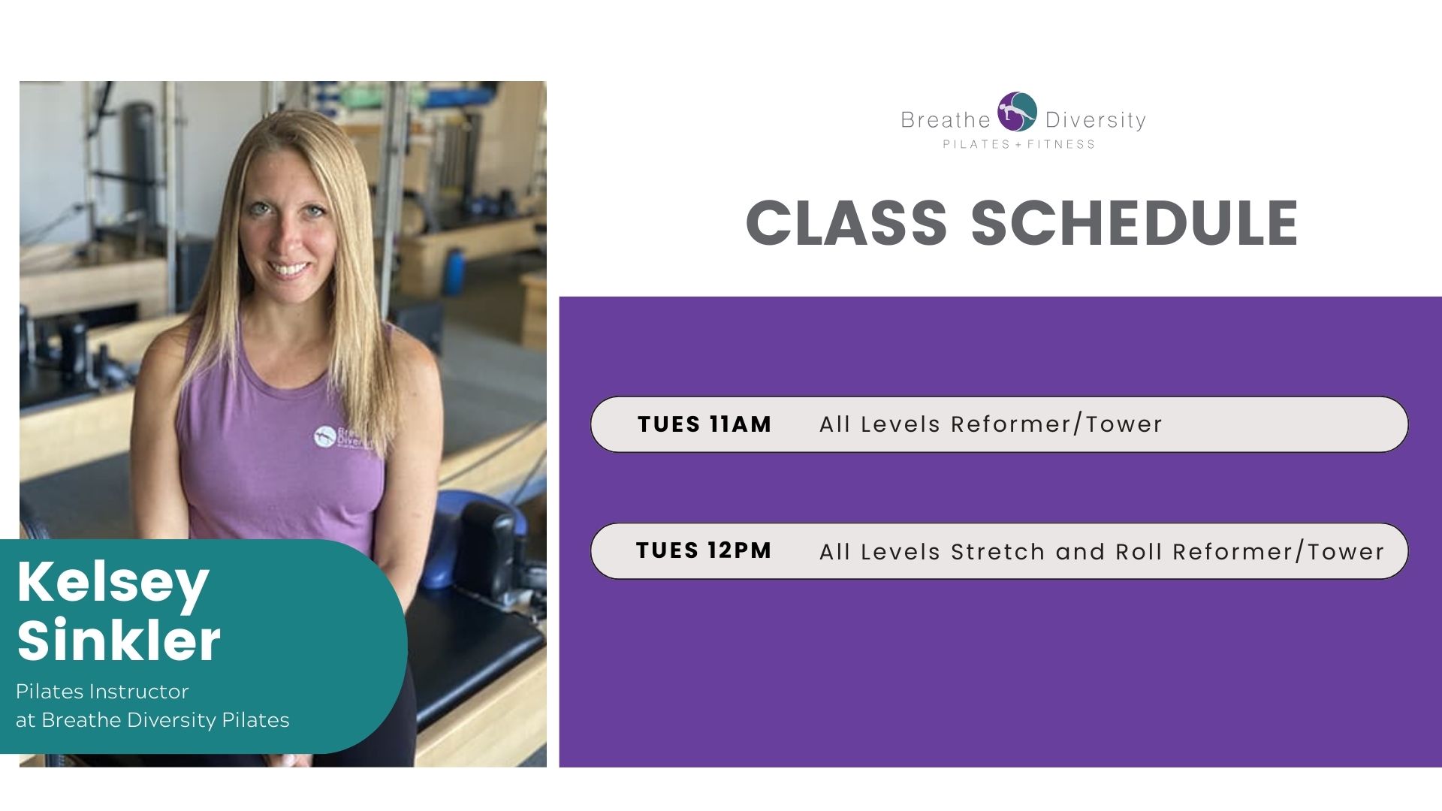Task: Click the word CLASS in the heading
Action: (846, 223)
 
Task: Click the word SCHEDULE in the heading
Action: (1135, 223)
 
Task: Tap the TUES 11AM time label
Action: (704, 424)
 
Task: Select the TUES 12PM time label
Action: (704, 550)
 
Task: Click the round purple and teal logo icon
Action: (1017, 112)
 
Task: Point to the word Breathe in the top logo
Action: (946, 120)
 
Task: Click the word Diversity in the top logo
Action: (1096, 120)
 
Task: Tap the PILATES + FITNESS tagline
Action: (1019, 144)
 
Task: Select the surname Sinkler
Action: (119, 640)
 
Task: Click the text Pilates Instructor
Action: (102, 691)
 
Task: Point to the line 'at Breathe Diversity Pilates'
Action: (152, 720)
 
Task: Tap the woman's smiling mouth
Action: (288, 268)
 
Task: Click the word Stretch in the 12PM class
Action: (997, 552)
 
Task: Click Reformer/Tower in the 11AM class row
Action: (1057, 424)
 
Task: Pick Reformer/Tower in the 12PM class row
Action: (1278, 552)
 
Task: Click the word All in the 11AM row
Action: (835, 424)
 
